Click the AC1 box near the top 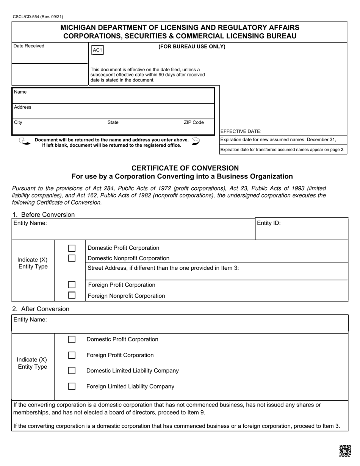[x=97, y=50]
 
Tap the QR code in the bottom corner [x=345, y=451]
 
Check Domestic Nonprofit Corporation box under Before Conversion [x=72, y=258]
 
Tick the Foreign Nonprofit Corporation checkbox [x=72, y=295]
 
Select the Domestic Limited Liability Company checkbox [x=72, y=371]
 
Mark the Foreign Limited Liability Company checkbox [x=72, y=386]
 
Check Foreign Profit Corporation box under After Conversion [x=72, y=355]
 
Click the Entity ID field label [x=269, y=223]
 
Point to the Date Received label [x=29, y=46]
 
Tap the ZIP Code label [x=194, y=122]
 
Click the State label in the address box [x=113, y=122]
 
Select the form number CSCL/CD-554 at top [x=38, y=17]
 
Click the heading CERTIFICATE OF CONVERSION [x=185, y=168]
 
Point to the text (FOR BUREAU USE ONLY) [x=192, y=47]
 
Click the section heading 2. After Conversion [x=41, y=309]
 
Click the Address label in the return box [x=23, y=107]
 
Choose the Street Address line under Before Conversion [x=163, y=268]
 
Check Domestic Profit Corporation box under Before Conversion [x=72, y=248]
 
